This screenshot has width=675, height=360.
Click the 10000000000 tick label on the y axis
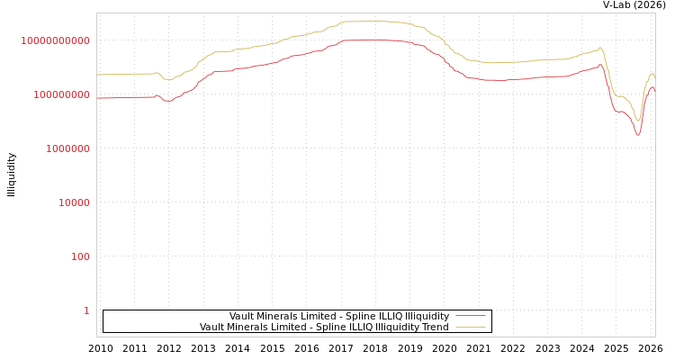tap(56, 40)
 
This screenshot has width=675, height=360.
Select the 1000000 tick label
tap(67, 148)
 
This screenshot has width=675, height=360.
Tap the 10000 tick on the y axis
tap(74, 202)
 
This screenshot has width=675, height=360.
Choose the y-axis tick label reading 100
tap(80, 256)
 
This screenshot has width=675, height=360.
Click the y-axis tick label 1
tap(86, 310)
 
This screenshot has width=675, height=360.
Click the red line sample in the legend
tap(471, 316)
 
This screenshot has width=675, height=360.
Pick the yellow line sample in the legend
tap(471, 327)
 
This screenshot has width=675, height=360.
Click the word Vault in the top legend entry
tap(242, 316)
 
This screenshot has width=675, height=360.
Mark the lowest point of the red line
tap(638, 135)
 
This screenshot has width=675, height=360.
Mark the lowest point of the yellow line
tap(638, 121)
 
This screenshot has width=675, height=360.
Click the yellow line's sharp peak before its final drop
tap(600, 48)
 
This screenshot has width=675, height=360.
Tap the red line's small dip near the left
tap(167, 101)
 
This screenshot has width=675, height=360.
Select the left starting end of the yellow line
tap(97, 75)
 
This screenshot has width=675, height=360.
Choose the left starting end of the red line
tap(97, 97)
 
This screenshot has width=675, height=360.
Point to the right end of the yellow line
tap(654, 76)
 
